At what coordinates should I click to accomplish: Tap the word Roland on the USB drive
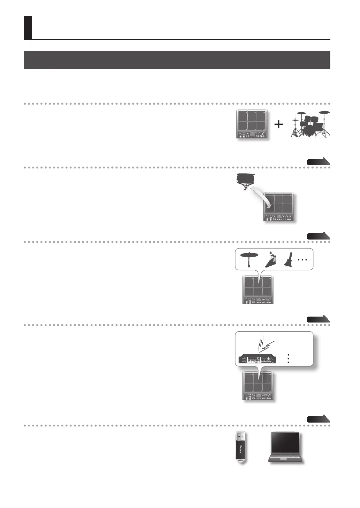click(240, 449)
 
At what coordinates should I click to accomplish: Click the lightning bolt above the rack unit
click(266, 344)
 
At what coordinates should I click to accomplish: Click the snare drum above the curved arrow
click(246, 180)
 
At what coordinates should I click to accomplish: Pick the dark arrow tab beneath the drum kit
click(318, 161)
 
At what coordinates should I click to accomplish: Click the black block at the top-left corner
click(28, 28)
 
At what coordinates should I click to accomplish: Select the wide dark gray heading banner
click(177, 60)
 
